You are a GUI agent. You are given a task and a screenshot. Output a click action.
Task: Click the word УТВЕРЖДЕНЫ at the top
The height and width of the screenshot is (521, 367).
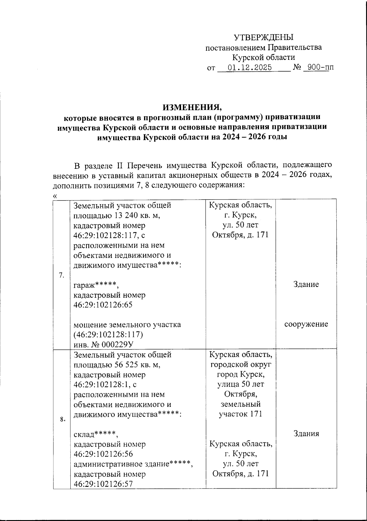click(x=263, y=38)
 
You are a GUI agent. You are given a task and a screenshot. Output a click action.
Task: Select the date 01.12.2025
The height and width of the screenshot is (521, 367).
click(x=250, y=67)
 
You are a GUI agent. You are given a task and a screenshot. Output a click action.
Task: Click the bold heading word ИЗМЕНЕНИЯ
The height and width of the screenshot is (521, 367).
click(x=192, y=107)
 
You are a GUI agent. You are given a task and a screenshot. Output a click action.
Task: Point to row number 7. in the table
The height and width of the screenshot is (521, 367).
click(x=61, y=275)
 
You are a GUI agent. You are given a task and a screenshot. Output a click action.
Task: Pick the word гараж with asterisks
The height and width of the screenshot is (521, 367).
click(x=95, y=285)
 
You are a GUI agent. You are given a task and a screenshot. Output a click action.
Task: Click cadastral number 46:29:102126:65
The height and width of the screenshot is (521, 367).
click(x=103, y=305)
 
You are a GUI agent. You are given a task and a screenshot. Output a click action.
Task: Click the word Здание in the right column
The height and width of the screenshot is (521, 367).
click(x=306, y=284)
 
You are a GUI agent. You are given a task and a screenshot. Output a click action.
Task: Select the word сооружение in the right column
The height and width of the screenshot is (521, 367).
click(x=306, y=324)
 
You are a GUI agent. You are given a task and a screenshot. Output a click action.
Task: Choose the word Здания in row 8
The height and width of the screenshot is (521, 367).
click(x=306, y=434)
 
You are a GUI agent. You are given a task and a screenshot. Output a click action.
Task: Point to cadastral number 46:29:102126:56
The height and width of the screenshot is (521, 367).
click(x=103, y=454)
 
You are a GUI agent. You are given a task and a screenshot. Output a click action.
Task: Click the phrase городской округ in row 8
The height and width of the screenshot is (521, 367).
click(x=240, y=365)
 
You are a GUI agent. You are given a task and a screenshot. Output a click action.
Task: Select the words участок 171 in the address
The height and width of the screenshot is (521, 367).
click(x=240, y=414)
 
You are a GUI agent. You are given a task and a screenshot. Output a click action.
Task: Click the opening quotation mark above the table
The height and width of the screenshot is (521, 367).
click(x=55, y=196)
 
